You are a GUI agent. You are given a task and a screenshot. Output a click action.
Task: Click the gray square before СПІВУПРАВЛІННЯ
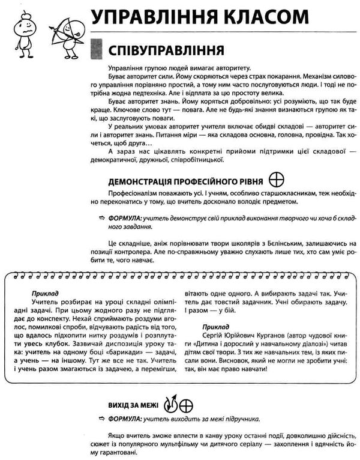95,48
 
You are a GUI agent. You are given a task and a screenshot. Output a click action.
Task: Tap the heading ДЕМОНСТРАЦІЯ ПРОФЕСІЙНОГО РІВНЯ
186,180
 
